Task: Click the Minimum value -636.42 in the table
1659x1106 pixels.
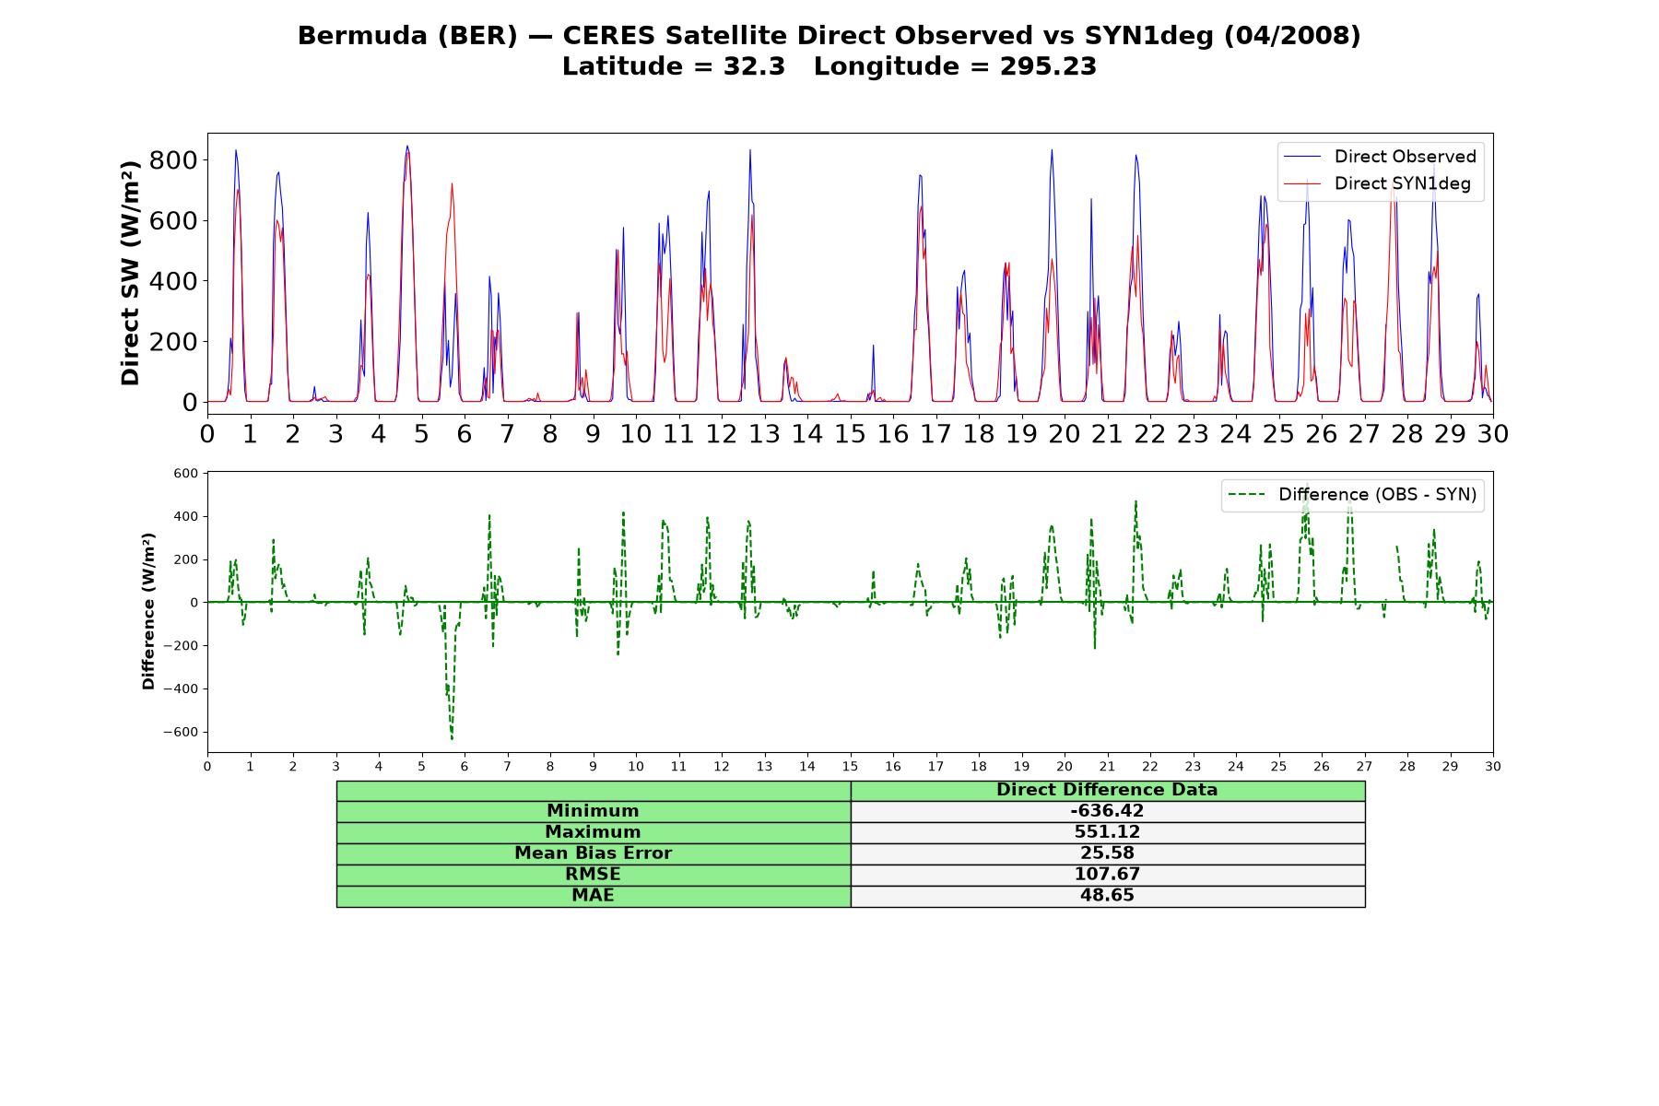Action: (1107, 811)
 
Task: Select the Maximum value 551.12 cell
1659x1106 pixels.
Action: (1107, 832)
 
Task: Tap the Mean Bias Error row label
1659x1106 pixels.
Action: (593, 853)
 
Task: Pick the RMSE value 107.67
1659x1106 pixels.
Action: (1107, 875)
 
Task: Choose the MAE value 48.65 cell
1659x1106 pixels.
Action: (1107, 896)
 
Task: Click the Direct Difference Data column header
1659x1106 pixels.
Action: (1107, 790)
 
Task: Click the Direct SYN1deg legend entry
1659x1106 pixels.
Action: (1378, 183)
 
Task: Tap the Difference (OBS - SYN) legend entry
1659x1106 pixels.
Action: (1353, 495)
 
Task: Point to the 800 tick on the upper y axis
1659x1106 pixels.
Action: (172, 160)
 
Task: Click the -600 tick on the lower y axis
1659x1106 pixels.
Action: (180, 733)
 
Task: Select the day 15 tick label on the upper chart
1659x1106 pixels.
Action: (850, 433)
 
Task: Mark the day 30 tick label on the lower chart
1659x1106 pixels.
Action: (1493, 766)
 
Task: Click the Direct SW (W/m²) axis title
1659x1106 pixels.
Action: (130, 273)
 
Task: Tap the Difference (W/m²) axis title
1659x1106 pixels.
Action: (148, 611)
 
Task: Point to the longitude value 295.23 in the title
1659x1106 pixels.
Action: (1048, 66)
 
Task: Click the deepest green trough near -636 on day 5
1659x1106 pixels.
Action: (452, 738)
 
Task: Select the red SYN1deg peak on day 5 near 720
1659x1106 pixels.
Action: (452, 184)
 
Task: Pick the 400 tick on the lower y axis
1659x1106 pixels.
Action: (185, 517)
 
